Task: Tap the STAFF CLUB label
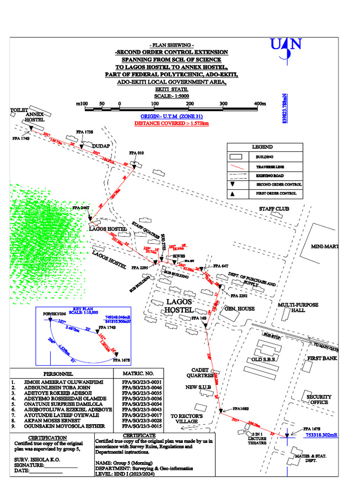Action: [274, 209]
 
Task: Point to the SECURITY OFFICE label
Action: [319, 399]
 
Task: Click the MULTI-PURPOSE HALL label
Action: [298, 307]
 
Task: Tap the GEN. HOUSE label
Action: [239, 308]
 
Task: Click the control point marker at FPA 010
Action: [134, 166]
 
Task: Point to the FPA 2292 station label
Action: [239, 296]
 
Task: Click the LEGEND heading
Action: [262, 147]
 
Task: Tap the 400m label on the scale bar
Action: [260, 104]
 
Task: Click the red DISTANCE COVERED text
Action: [172, 123]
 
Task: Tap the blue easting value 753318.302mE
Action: [322, 435]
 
